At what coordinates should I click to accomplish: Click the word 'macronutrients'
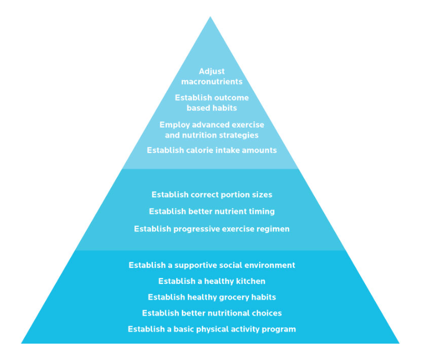212,82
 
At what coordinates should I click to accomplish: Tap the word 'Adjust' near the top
212,72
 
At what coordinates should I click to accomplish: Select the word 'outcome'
231,98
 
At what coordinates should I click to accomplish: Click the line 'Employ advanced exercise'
212,125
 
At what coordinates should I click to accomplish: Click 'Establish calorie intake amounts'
212,150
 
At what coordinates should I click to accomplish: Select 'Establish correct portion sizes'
212,195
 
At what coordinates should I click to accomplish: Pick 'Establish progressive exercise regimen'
212,229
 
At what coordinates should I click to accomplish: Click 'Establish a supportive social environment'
212,265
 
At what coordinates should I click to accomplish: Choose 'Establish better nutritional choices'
212,313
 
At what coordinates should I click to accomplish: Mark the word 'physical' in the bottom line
212,330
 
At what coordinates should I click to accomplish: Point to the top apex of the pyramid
210,17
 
